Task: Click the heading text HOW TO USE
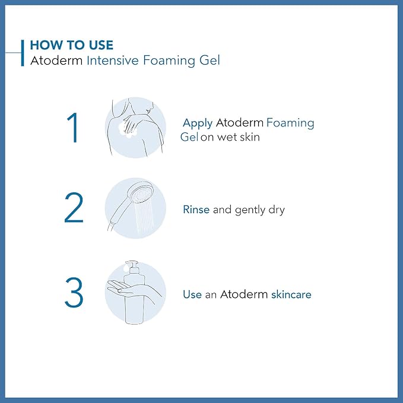point(71,45)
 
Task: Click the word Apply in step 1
point(198,123)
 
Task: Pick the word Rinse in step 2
point(196,210)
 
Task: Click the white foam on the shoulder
point(127,127)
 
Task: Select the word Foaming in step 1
point(290,123)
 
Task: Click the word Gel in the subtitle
point(208,60)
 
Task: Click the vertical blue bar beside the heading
point(23,52)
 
